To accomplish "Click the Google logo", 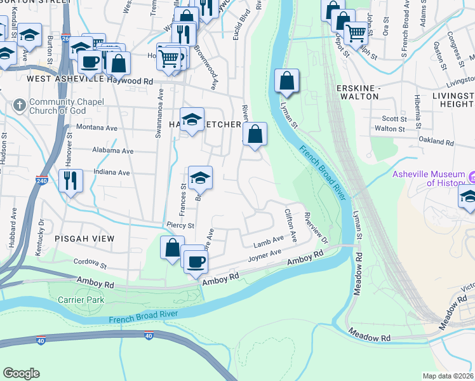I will (22, 373).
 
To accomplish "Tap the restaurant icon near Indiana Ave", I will (70, 180).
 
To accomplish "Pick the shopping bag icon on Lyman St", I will (286, 81).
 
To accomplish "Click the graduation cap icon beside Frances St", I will (200, 178).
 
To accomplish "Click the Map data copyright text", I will (448, 376).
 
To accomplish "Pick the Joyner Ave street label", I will (265, 256).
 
